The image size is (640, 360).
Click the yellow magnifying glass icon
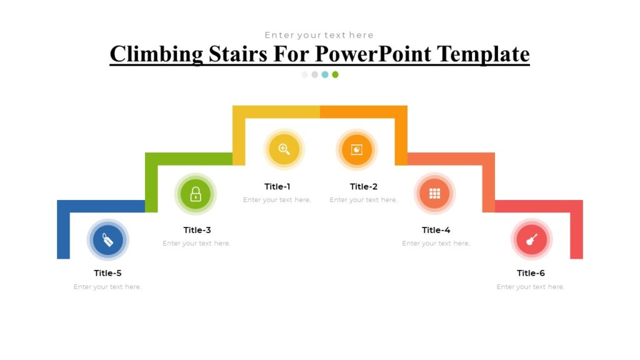click(284, 149)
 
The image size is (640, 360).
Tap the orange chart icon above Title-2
click(357, 149)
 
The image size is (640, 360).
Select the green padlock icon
click(196, 194)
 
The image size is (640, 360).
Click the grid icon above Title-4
click(435, 193)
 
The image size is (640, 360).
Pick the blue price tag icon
click(108, 240)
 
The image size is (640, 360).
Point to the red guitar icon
click(532, 240)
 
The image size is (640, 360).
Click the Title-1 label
click(277, 186)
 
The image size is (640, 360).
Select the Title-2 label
click(364, 186)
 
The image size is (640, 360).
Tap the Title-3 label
click(197, 230)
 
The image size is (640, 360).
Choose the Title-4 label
click(436, 230)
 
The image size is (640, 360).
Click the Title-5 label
click(107, 273)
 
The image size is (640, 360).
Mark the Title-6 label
click(531, 273)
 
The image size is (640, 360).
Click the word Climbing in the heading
click(156, 54)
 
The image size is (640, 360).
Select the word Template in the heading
click(483, 54)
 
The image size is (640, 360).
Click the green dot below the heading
click(335, 74)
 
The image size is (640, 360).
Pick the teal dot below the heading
click(325, 74)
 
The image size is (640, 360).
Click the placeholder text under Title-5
click(107, 287)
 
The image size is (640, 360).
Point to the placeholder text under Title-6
click(531, 287)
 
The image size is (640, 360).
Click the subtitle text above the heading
click(319, 35)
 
